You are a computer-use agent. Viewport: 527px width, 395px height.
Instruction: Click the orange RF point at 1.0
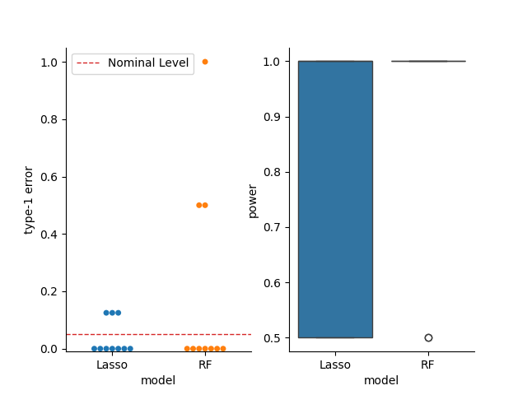[205, 62]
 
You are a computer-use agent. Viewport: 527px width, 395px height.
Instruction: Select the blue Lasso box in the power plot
[335, 199]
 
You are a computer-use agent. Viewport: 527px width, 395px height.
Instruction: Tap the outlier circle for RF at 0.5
[428, 337]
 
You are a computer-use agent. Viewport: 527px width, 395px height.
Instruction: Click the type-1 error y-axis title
[29, 200]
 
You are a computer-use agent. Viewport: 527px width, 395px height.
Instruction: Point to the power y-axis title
[253, 201]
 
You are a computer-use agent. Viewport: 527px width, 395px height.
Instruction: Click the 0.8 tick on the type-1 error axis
[49, 119]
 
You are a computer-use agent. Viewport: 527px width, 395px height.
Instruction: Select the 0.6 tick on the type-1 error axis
[49, 177]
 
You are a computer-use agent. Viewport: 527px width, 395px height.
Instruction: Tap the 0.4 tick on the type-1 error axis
[49, 235]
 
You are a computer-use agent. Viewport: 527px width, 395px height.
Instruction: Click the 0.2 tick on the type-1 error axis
[49, 291]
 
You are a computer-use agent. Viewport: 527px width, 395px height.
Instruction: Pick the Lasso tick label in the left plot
[112, 365]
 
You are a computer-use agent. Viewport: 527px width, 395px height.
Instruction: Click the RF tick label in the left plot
[205, 365]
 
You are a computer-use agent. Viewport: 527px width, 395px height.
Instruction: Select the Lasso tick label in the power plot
[335, 365]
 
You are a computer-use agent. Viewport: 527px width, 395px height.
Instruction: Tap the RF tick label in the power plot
[428, 365]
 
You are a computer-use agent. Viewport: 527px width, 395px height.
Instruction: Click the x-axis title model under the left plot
[158, 380]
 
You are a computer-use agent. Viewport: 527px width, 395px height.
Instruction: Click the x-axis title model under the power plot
[381, 380]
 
